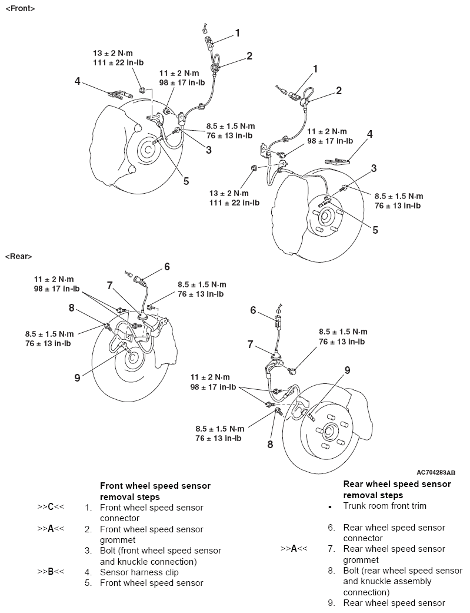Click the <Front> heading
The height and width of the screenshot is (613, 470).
(19, 9)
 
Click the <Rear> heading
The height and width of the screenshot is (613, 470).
(18, 256)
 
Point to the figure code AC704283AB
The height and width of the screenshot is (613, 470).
(436, 472)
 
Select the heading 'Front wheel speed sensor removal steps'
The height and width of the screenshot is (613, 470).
(155, 491)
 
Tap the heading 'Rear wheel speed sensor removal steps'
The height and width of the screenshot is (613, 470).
(397, 489)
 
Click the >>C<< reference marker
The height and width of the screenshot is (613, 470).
(51, 508)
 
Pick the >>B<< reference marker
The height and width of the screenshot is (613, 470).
(51, 572)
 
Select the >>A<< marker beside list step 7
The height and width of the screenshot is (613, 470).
(294, 549)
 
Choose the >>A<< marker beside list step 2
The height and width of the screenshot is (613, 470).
(51, 529)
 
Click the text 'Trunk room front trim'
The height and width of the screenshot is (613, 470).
(385, 506)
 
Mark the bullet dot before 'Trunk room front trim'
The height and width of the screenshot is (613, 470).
(330, 507)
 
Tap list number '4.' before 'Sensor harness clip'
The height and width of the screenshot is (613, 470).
(88, 572)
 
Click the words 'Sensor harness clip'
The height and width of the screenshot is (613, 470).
(139, 572)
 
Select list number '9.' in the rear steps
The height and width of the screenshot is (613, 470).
(332, 602)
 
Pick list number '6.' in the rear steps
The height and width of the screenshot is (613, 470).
(332, 528)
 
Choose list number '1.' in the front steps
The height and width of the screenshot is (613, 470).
(88, 508)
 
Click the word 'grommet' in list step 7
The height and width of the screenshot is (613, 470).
(361, 560)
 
